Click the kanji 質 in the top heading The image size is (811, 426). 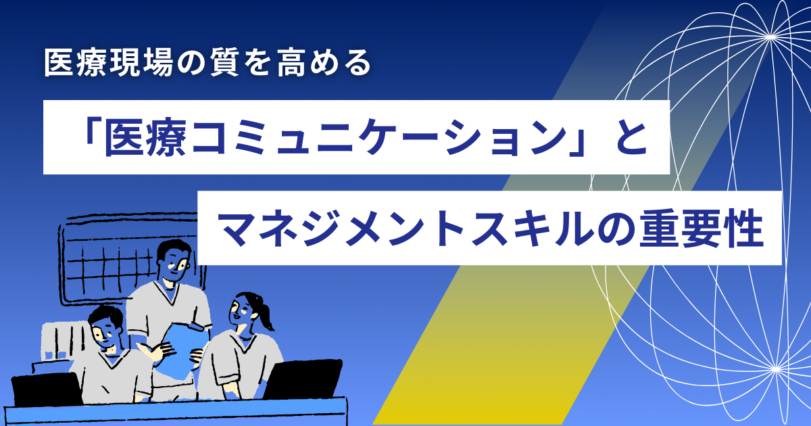pos(224,63)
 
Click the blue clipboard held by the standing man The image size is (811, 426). pos(184,350)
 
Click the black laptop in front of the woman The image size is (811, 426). pos(303,379)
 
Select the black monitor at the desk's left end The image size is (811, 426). pos(47,389)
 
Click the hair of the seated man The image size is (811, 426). pos(105,318)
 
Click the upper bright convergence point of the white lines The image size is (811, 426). pos(771,37)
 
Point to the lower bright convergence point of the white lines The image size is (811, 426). pos(776,369)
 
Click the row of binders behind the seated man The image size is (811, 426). pos(65,341)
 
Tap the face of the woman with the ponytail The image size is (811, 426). pos(241,312)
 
